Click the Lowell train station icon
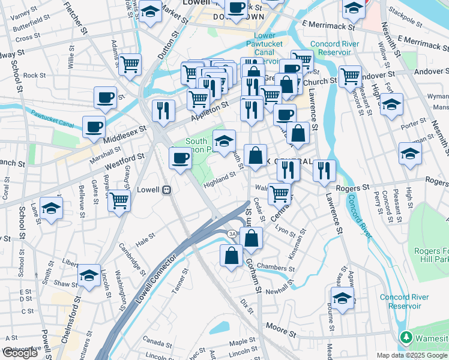[x=167, y=190]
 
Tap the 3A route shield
[x=232, y=233]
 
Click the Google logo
[x=20, y=353]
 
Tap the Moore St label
[x=277, y=329]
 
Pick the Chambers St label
[x=275, y=266]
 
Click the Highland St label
[x=218, y=178]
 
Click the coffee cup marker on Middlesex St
[x=94, y=127]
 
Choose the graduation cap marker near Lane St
[x=52, y=208]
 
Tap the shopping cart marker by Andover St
[x=349, y=76]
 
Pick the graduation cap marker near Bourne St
[x=342, y=298]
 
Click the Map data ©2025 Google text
[x=412, y=355]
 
